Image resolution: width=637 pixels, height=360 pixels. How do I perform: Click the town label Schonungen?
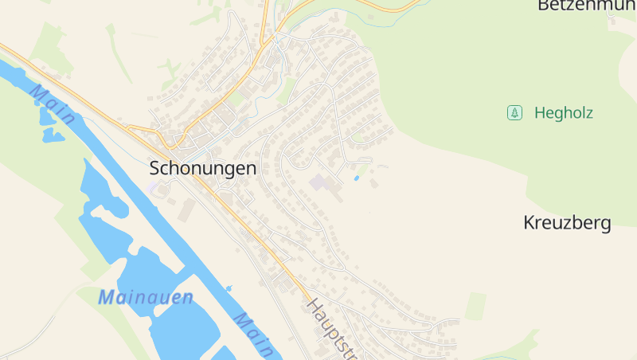(203, 168)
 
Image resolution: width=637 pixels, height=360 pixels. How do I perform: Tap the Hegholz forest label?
(564, 113)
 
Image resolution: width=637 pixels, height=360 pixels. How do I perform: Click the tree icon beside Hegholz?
(514, 113)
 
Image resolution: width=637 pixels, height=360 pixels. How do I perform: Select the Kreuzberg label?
(567, 223)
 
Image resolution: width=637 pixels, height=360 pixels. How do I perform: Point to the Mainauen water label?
(146, 298)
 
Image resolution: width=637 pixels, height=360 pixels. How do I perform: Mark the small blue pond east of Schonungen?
(356, 178)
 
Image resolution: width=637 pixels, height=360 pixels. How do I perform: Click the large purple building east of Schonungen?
(319, 183)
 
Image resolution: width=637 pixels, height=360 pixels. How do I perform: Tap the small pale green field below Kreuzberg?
(475, 306)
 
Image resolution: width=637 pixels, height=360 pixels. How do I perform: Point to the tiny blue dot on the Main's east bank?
(229, 288)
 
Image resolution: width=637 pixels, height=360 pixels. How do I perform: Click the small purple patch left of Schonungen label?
(152, 186)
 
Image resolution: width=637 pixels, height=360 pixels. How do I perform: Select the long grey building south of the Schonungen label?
(188, 210)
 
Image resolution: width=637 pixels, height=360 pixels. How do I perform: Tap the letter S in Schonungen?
(155, 168)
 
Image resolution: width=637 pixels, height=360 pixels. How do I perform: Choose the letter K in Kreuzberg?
(530, 223)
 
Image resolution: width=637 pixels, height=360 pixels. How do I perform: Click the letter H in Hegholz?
(540, 113)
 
